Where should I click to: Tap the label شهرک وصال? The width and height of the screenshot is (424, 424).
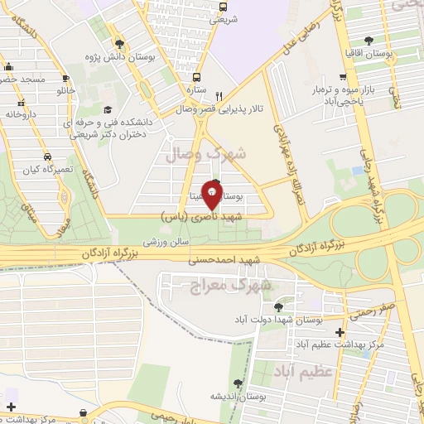coord(217,154)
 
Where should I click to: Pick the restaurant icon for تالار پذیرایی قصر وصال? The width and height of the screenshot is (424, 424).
coord(219,94)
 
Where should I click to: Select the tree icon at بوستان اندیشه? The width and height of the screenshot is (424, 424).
coord(238,383)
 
